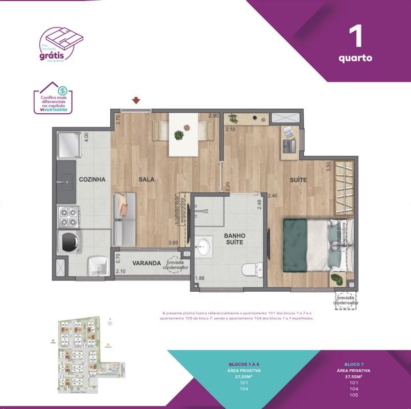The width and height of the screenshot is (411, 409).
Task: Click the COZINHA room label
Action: (92, 180)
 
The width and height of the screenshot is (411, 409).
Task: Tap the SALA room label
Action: (147, 180)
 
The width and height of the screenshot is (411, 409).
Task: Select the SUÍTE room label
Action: (298, 180)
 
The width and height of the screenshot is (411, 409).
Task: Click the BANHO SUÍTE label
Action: (234, 239)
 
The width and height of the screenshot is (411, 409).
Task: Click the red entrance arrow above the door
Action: (136, 101)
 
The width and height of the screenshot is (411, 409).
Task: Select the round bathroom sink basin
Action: (204, 247)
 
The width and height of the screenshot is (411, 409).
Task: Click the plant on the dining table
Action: (179, 135)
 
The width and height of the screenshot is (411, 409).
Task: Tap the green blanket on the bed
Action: (302, 240)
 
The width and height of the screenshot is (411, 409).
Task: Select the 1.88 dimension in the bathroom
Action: (201, 277)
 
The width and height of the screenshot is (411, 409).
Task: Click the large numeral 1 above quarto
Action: (355, 37)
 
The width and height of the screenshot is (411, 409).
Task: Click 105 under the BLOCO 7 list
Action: (353, 395)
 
